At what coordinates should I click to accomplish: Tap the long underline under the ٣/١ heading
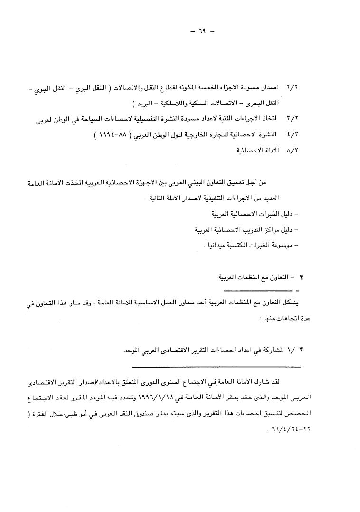[x=216, y=366]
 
